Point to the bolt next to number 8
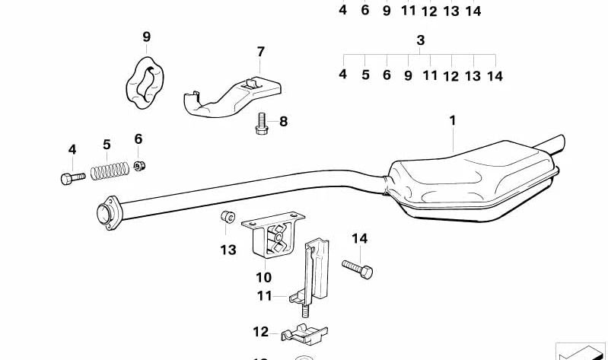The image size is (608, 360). tap(261, 124)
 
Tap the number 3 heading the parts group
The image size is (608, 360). tap(420, 40)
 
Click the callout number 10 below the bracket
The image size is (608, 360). tap(263, 277)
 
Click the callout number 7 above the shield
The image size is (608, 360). tap(260, 52)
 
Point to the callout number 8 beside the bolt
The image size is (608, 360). tap(283, 121)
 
